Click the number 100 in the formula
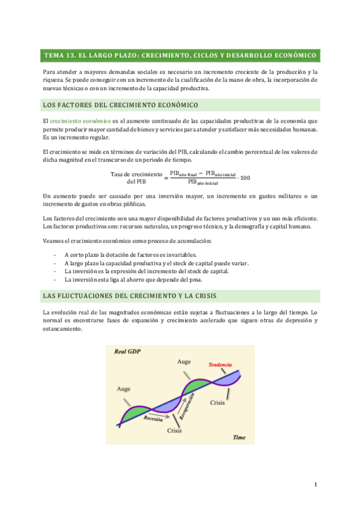[x=245, y=177]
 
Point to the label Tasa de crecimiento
[x=136, y=174]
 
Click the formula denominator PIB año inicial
[x=203, y=181]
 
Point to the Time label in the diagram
[x=239, y=437]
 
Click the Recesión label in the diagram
[x=154, y=419]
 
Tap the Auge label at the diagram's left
[x=123, y=389]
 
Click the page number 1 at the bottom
[x=315, y=485]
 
